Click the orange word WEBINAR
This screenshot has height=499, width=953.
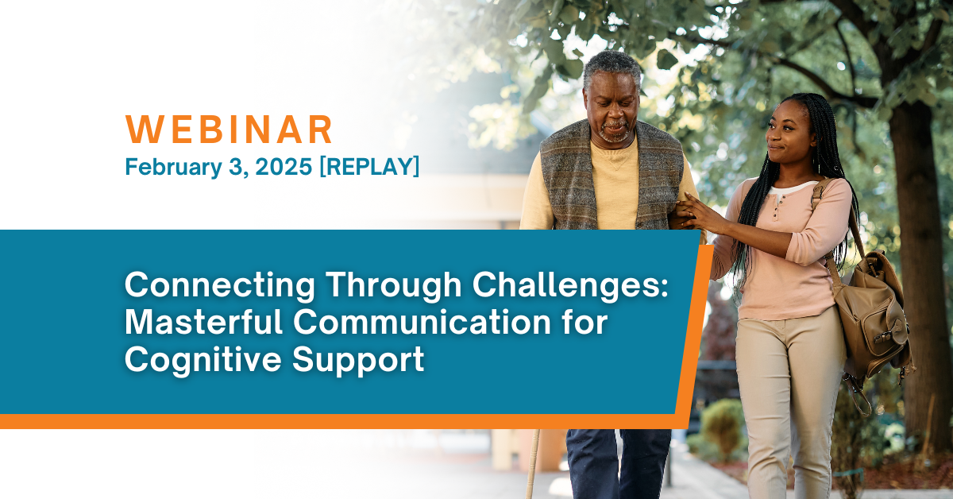click(x=229, y=130)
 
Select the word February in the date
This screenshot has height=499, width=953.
click(x=174, y=167)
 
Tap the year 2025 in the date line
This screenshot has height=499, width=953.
click(x=284, y=166)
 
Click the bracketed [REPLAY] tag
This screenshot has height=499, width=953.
click(x=369, y=166)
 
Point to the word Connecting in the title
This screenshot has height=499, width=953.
click(x=219, y=287)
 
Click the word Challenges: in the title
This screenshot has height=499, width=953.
click(x=570, y=285)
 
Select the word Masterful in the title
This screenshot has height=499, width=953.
click(x=204, y=322)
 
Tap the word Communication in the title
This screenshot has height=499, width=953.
click(x=422, y=322)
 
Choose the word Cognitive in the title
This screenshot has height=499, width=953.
click(x=203, y=360)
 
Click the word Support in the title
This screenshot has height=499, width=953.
click(x=358, y=361)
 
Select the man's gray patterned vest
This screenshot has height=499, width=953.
click(x=612, y=179)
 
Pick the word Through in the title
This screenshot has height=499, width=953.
click(x=394, y=287)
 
